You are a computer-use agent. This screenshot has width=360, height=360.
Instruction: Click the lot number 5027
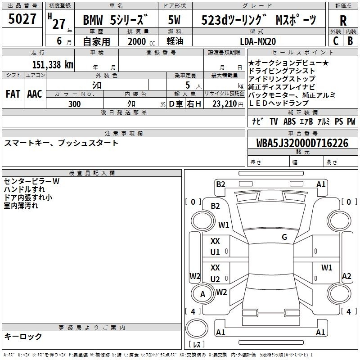pos(22,19)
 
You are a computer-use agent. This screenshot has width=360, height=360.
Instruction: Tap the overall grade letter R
pos(343,21)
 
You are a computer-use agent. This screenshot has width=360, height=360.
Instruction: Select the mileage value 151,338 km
pos(53,65)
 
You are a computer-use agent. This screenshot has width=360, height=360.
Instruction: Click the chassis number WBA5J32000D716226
pos(302,143)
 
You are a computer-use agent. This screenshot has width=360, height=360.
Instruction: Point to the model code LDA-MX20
pos(258,41)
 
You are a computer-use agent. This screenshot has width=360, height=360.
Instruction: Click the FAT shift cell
pos(13,94)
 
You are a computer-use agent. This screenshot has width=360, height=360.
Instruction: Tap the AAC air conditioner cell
pos(35,94)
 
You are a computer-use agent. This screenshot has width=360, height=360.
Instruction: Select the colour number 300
pos(74,104)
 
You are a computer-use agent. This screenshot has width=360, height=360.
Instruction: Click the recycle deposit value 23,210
pos(225,104)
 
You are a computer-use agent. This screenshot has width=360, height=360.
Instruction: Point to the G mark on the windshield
pos(284,237)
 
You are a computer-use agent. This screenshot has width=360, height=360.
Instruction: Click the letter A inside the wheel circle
pos(202,294)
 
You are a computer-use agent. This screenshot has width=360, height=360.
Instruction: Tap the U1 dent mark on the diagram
pos(215,252)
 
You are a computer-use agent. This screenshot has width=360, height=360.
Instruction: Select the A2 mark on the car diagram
pos(346,276)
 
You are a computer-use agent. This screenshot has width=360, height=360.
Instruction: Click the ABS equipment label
pos(289,121)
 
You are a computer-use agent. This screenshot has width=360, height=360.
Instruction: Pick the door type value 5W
pos(174,20)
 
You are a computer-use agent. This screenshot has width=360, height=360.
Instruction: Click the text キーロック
pos(23,336)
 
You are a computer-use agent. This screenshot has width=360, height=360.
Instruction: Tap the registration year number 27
pos(59,24)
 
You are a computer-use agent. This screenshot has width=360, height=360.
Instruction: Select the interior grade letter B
pos(350,41)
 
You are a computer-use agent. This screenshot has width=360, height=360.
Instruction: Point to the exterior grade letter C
pos(336,41)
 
